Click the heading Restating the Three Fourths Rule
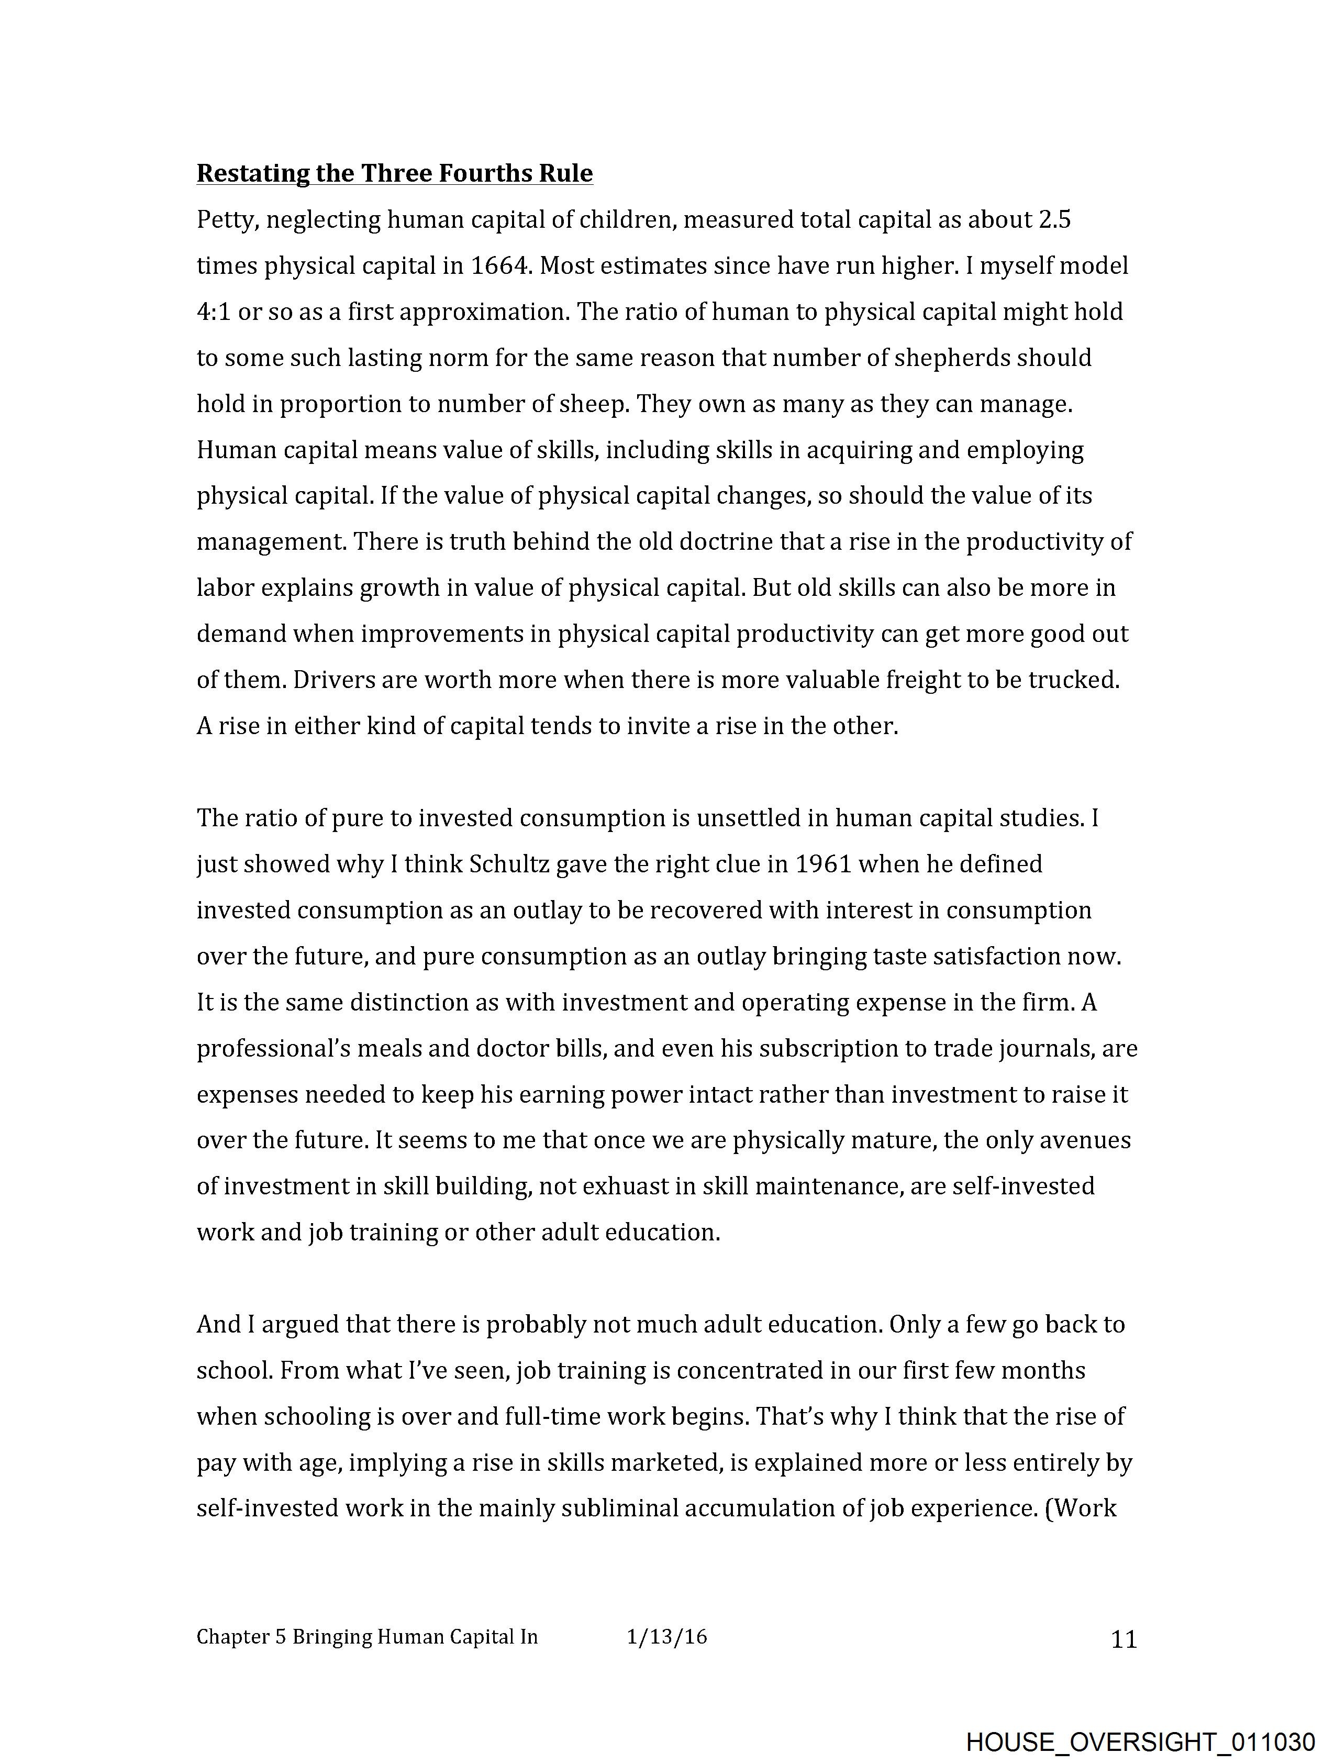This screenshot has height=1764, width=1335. tap(394, 173)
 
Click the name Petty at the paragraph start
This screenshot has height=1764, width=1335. tap(227, 220)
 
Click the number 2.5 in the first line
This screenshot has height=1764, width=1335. tap(1054, 220)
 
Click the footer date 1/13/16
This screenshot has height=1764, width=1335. tap(666, 1637)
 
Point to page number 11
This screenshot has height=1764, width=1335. tap(1123, 1639)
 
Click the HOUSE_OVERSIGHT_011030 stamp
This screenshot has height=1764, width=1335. tap(1140, 1741)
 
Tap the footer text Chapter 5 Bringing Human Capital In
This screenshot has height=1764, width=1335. tap(367, 1637)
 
